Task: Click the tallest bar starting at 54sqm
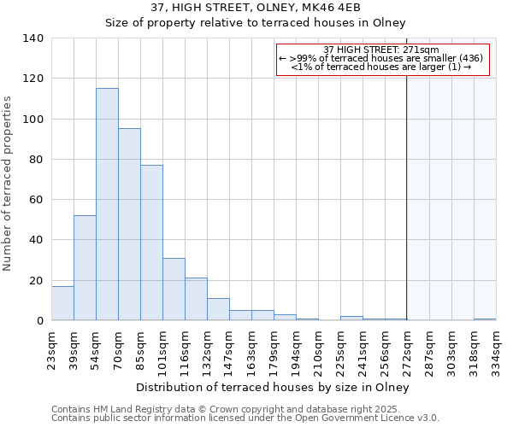107,205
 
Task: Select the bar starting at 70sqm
129,225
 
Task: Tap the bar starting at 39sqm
85,268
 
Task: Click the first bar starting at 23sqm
62,303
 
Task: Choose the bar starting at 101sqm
174,290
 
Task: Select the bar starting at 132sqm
218,309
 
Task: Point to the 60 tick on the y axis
37,200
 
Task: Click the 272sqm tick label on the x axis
407,347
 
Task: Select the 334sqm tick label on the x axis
496,347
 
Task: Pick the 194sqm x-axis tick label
296,347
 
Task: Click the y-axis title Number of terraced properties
8,184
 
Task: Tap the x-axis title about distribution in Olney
273,388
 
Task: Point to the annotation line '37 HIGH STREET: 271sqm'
382,50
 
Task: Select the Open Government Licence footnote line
245,418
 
